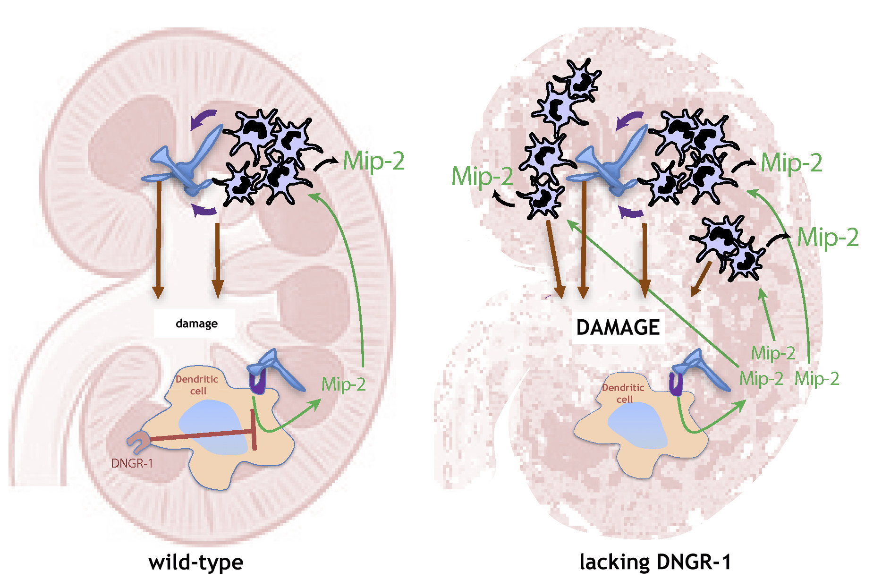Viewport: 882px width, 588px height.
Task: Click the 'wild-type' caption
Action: [x=196, y=562]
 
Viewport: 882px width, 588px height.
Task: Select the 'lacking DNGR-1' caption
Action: [x=655, y=562]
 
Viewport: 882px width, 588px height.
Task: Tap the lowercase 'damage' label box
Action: [x=196, y=324]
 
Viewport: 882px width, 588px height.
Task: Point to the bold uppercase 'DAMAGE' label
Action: [x=618, y=327]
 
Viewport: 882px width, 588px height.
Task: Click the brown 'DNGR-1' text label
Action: [x=132, y=463]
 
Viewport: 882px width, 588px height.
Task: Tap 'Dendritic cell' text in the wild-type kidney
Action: [x=197, y=385]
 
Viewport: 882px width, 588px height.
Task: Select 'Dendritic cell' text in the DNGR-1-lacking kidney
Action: [x=623, y=393]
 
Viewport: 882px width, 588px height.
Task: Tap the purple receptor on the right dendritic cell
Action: [x=676, y=384]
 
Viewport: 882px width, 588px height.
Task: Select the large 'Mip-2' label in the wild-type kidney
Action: [x=373, y=161]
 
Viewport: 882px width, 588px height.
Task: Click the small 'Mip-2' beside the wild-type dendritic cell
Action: [x=343, y=384]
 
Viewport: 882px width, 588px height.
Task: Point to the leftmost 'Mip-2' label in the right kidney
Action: [x=482, y=176]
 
